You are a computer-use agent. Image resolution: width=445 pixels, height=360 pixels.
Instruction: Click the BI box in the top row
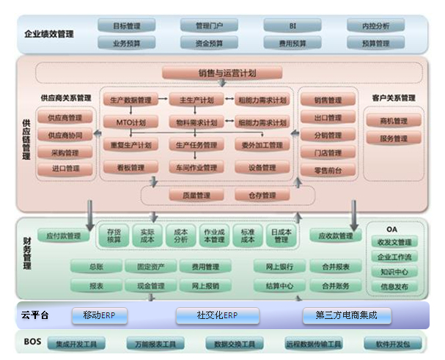[293, 26]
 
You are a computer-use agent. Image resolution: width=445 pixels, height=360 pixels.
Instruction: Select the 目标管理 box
[126, 26]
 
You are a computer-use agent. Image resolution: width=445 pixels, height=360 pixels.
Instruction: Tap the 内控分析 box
[375, 26]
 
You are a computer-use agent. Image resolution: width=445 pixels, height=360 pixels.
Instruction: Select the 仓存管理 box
[256, 195]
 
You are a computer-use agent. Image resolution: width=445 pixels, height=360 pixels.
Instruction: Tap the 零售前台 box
[322, 170]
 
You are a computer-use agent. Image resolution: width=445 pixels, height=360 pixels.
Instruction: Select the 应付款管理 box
[63, 236]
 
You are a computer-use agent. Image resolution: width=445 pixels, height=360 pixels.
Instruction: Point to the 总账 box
[95, 267]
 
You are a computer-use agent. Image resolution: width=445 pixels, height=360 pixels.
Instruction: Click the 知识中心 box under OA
[394, 272]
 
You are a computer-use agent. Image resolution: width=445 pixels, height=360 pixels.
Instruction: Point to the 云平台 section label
[34, 315]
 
